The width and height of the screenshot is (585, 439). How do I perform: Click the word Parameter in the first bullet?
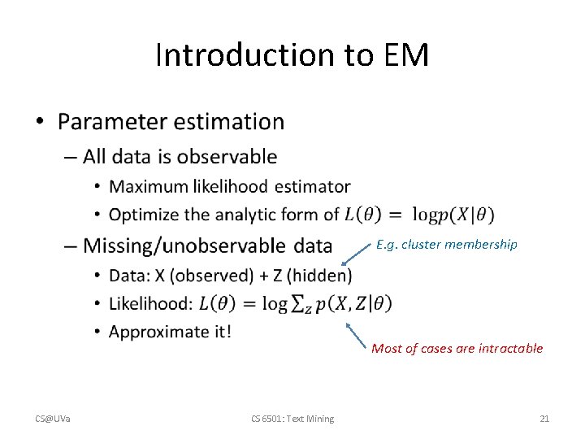[x=111, y=122]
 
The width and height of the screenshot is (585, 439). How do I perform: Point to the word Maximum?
[x=149, y=187]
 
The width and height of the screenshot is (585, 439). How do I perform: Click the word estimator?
[x=312, y=187]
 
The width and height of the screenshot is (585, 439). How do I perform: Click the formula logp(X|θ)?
[x=453, y=215]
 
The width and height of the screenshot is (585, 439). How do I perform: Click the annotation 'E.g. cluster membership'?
[x=446, y=244]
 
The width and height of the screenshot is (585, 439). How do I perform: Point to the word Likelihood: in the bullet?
[x=151, y=303]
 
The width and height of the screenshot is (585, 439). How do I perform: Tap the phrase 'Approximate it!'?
[x=169, y=332]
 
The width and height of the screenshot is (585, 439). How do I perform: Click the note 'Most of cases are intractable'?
[x=457, y=349]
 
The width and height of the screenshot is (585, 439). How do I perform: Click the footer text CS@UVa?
[x=52, y=419]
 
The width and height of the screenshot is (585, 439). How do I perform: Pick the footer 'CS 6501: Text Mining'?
[x=292, y=419]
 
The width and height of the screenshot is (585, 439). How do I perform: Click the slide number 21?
[x=544, y=419]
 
